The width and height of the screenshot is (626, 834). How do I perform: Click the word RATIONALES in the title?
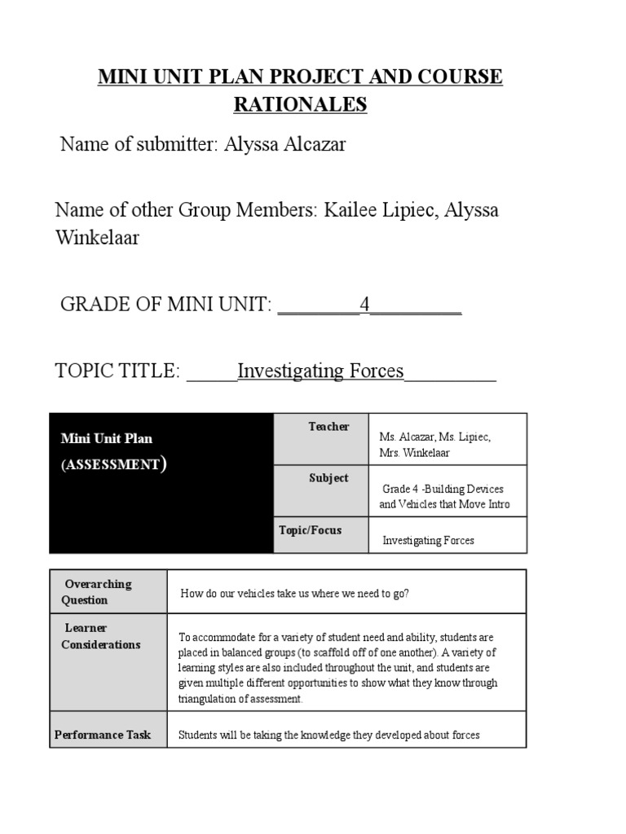[x=301, y=105]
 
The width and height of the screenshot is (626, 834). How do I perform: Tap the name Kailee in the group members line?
[x=352, y=210]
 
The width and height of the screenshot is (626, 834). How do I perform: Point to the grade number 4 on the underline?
[x=365, y=305]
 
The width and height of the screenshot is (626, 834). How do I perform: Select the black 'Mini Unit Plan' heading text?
[x=107, y=438]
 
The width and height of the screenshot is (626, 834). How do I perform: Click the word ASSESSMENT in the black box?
[x=112, y=465]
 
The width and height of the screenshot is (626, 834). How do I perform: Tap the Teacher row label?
[x=328, y=427]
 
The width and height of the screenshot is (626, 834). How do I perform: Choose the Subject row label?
[x=328, y=478]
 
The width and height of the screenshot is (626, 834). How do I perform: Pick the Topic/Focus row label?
[x=311, y=530]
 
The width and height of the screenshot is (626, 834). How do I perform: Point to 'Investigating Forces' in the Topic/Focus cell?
[x=428, y=540]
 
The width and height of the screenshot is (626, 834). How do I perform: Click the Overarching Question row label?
[x=97, y=592]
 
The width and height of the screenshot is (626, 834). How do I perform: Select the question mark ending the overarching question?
[x=406, y=593]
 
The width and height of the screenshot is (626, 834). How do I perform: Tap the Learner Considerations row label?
[x=100, y=636]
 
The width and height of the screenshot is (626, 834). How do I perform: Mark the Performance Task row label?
[x=103, y=735]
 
